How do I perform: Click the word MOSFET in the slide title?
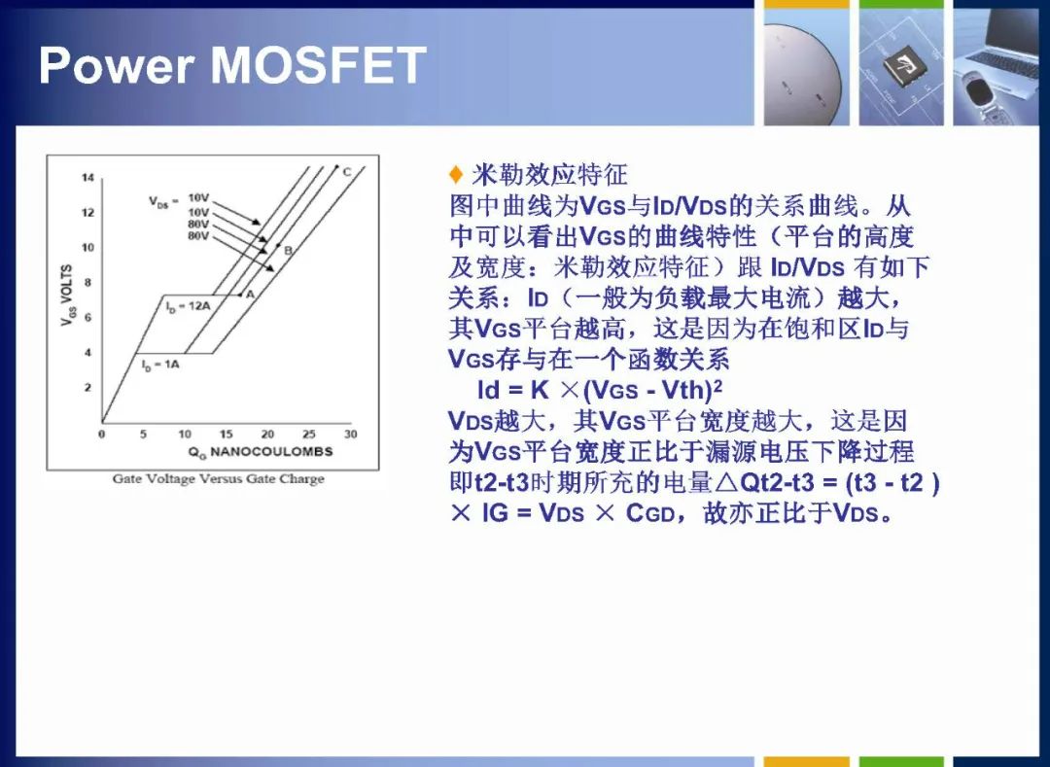click(x=319, y=65)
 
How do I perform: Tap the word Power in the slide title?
click(x=117, y=65)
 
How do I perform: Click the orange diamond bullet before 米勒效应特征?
click(x=456, y=175)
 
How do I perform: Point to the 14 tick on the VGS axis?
click(x=87, y=177)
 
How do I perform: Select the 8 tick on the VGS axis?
click(x=87, y=283)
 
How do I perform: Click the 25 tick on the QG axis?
click(x=309, y=434)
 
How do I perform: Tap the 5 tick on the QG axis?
click(x=143, y=434)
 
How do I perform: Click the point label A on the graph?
click(x=251, y=294)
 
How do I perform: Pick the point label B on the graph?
click(x=288, y=250)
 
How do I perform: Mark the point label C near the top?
click(x=347, y=172)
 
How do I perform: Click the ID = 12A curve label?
click(x=189, y=306)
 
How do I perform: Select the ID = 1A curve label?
click(x=160, y=365)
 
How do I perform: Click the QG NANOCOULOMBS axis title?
click(x=261, y=452)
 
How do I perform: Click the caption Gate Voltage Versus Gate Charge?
click(x=219, y=478)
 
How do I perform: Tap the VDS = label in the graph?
click(x=163, y=201)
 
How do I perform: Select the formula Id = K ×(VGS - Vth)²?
click(x=600, y=390)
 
